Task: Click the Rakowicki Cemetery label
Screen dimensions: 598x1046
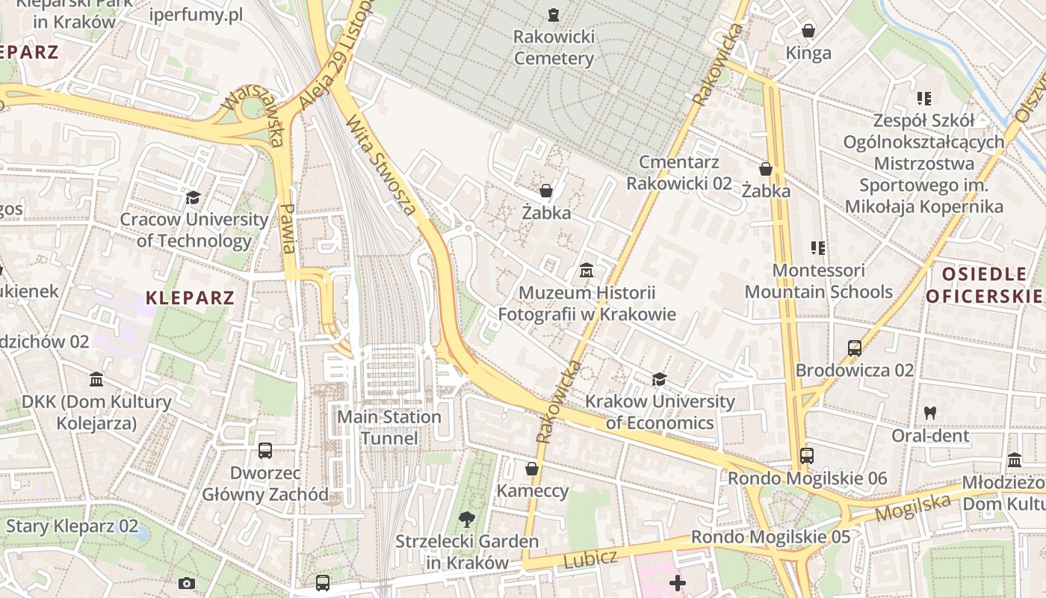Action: (x=554, y=47)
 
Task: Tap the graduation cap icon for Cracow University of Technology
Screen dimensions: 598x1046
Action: (x=193, y=197)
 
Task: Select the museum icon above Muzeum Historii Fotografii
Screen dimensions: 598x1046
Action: (x=587, y=269)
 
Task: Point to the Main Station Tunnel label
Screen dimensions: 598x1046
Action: (x=389, y=427)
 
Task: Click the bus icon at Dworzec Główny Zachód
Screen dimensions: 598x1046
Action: (x=265, y=451)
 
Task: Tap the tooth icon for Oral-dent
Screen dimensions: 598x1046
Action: (x=930, y=412)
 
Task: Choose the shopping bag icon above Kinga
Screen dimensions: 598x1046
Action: (x=808, y=31)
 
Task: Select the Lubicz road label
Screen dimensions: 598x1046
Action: (x=590, y=558)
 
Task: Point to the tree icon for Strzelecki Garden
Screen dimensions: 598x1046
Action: (x=467, y=519)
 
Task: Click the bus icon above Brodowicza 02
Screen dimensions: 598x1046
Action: (x=854, y=348)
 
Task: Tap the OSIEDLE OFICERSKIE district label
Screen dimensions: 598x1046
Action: (x=984, y=285)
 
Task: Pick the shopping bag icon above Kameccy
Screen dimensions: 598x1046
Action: (x=532, y=469)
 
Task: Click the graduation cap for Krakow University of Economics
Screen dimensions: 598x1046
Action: (x=659, y=380)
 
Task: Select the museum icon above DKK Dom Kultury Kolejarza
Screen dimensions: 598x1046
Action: (x=96, y=380)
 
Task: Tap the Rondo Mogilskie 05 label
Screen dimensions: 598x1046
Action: (x=770, y=537)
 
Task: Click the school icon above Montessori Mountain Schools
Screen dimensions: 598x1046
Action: (x=818, y=247)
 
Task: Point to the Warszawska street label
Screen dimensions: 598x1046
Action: (x=254, y=117)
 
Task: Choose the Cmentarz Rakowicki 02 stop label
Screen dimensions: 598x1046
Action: (x=678, y=173)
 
